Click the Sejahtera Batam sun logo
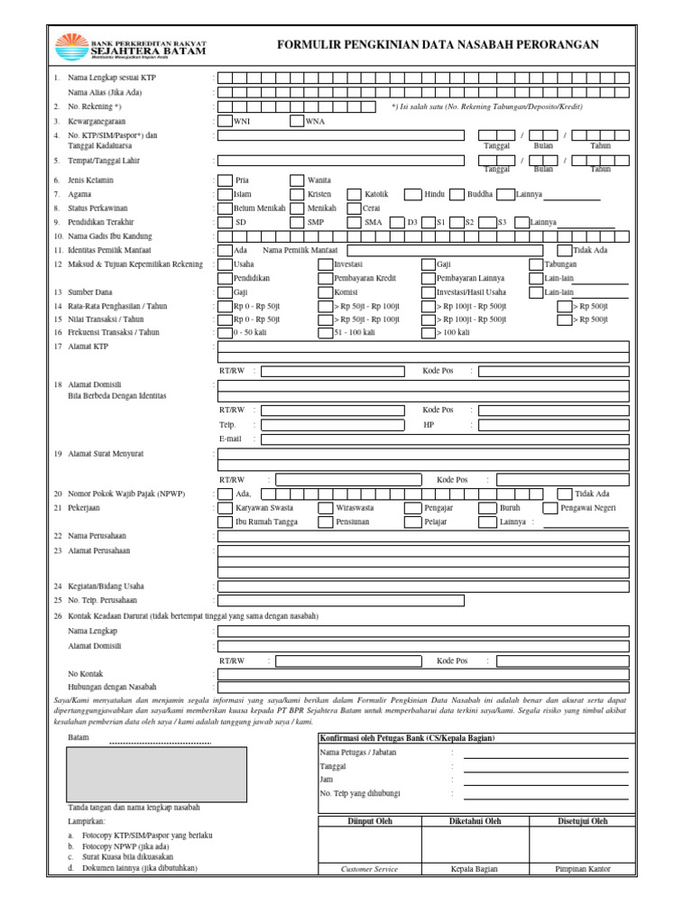71,45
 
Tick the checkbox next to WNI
225,121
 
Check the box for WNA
297,121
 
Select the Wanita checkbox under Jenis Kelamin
297,180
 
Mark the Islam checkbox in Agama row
225,194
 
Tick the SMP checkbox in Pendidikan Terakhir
297,222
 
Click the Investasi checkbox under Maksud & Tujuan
326,264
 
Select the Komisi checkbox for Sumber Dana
326,292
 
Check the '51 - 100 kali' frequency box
326,332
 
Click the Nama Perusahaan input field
423,536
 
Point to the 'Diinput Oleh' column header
370,821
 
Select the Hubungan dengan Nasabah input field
423,687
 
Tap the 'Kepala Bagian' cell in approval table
476,869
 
